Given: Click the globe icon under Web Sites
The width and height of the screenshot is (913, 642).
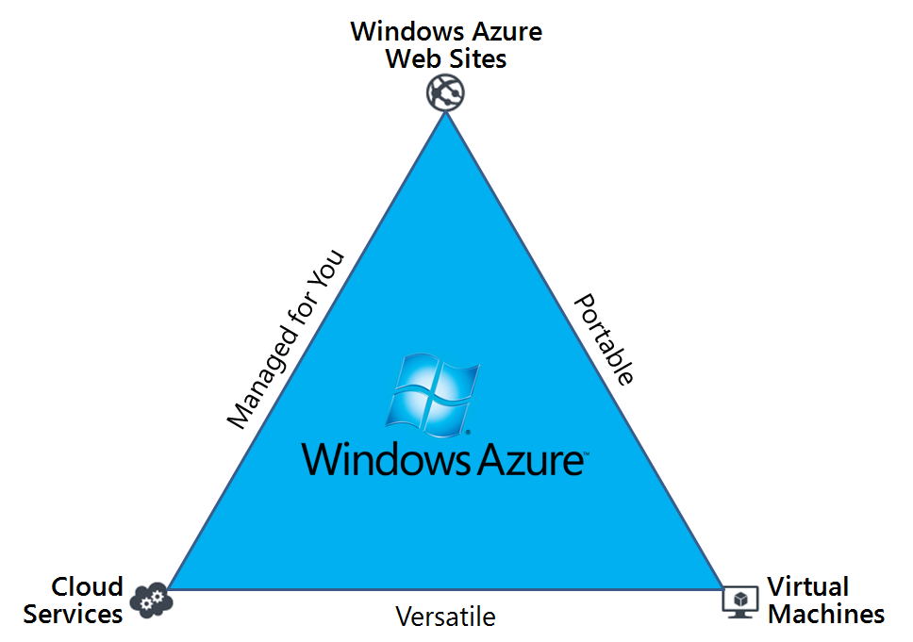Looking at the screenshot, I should pyautogui.click(x=445, y=93).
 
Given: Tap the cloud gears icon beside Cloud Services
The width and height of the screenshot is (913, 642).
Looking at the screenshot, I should pyautogui.click(x=151, y=600).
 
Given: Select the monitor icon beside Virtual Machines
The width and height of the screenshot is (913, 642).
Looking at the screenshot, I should pyautogui.click(x=740, y=601).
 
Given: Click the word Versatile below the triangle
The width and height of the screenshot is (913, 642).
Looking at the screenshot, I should pyautogui.click(x=445, y=617).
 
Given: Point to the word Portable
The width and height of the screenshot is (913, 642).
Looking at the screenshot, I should pyautogui.click(x=605, y=339).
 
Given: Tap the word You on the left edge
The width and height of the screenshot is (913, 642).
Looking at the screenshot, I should pyautogui.click(x=330, y=270).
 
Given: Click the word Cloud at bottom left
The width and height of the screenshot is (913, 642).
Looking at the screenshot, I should pyautogui.click(x=87, y=587).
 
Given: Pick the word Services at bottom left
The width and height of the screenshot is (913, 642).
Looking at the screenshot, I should pyautogui.click(x=74, y=615).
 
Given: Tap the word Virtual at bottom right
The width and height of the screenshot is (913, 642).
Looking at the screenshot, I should pyautogui.click(x=808, y=587).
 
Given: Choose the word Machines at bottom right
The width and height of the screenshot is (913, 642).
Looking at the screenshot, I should pyautogui.click(x=826, y=615).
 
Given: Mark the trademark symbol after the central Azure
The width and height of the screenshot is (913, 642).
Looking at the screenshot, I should pyautogui.click(x=587, y=454).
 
